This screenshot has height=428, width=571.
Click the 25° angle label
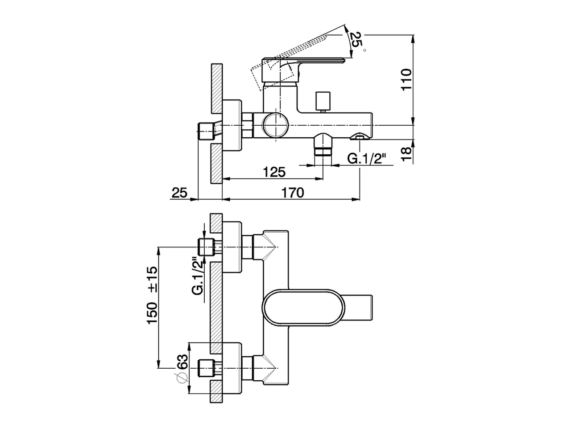(355, 41)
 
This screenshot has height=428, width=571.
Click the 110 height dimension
(406, 79)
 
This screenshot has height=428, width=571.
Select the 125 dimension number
(273, 172)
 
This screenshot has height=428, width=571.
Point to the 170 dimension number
(292, 192)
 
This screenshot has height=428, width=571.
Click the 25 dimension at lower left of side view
(179, 193)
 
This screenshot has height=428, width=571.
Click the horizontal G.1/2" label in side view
(366, 159)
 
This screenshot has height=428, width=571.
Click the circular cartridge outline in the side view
(276, 125)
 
